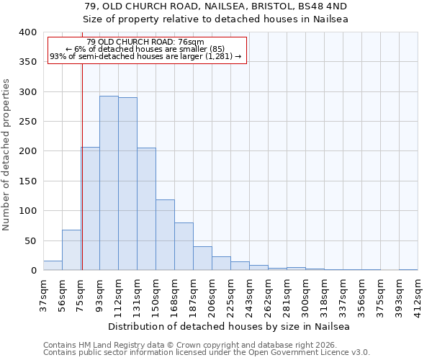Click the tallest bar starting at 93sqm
click(109, 183)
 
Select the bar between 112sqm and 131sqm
click(127, 184)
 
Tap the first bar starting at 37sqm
click(53, 265)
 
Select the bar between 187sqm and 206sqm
click(202, 258)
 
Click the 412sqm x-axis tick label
click(418, 291)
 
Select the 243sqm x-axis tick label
click(249, 291)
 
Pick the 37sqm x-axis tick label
click(43, 291)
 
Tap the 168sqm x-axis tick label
click(174, 291)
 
